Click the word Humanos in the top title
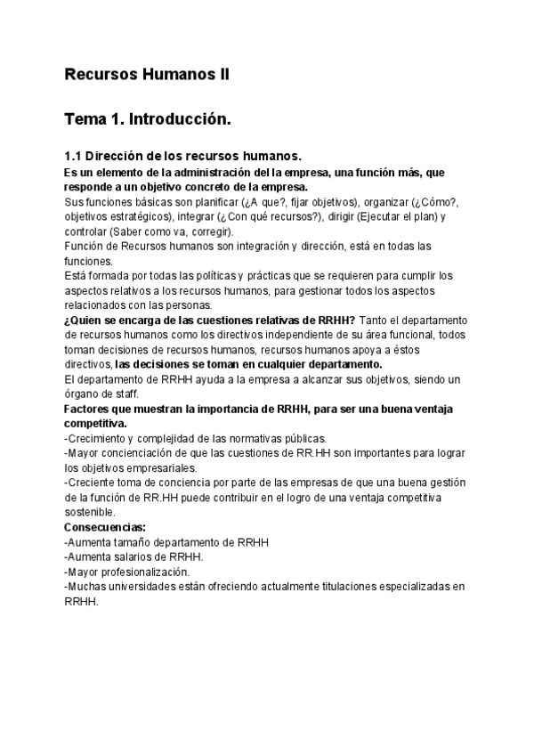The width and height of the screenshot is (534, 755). [174, 75]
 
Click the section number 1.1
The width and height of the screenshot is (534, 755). [73, 156]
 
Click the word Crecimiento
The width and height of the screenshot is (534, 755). [101, 438]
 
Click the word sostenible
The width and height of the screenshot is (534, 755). [89, 512]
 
